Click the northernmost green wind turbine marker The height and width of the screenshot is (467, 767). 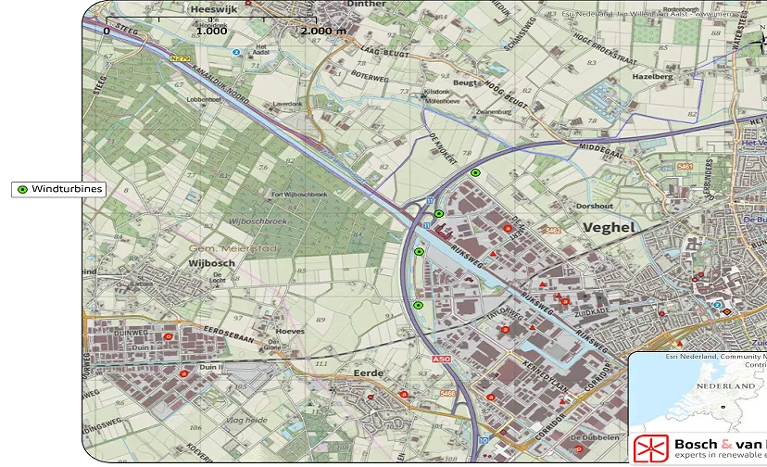click(475, 173)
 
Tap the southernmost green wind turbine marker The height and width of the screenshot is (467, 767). click(418, 305)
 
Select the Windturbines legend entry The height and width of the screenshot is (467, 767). click(58, 189)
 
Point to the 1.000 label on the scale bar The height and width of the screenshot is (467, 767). click(211, 31)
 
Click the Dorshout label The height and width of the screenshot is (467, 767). click(594, 206)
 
